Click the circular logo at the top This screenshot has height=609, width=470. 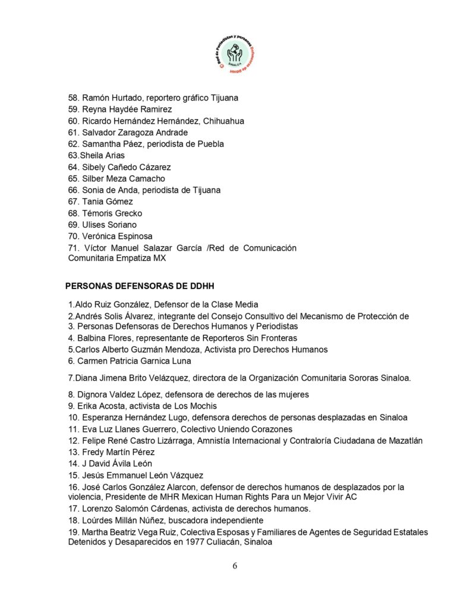pos(235,53)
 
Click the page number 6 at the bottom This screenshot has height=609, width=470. pos(235,566)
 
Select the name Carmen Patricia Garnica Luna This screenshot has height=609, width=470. pos(134,360)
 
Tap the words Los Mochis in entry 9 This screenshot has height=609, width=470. pos(182,406)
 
